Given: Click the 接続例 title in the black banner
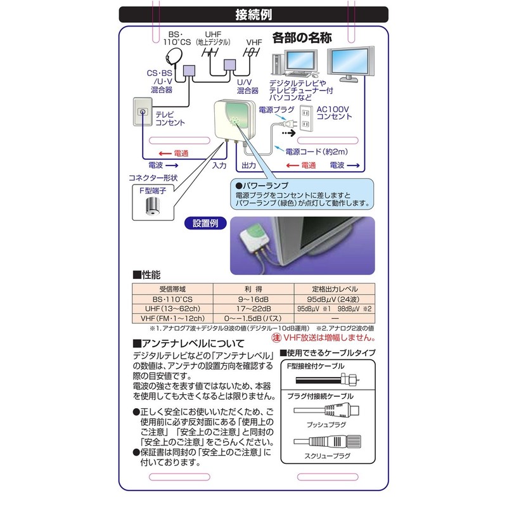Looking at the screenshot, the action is pyautogui.click(x=253, y=15).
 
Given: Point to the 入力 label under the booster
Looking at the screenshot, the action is pyautogui.click(x=219, y=165).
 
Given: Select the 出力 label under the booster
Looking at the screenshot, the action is pyautogui.click(x=248, y=165).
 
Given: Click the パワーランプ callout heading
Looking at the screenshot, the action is pyautogui.click(x=256, y=186).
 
